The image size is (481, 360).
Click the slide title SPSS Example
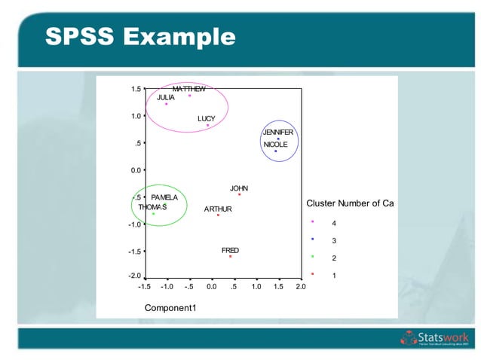click(139, 35)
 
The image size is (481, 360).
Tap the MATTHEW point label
click(188, 89)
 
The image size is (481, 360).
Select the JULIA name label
click(166, 97)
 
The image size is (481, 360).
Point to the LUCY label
click(207, 119)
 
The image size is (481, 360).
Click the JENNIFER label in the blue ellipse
click(277, 133)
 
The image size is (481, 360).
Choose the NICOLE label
click(275, 145)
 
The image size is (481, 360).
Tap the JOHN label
click(239, 188)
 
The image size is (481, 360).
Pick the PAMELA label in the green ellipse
click(164, 197)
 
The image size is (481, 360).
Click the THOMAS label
click(152, 206)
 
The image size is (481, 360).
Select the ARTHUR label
click(218, 209)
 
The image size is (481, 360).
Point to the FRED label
click(230, 250)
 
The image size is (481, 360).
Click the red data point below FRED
click(230, 257)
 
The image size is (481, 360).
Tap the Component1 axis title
click(170, 307)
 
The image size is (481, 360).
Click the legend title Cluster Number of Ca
click(350, 203)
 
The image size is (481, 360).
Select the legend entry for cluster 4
click(324, 224)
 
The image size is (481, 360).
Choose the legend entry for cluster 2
click(324, 258)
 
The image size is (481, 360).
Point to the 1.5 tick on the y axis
click(136, 89)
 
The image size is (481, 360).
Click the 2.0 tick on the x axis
click(300, 287)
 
